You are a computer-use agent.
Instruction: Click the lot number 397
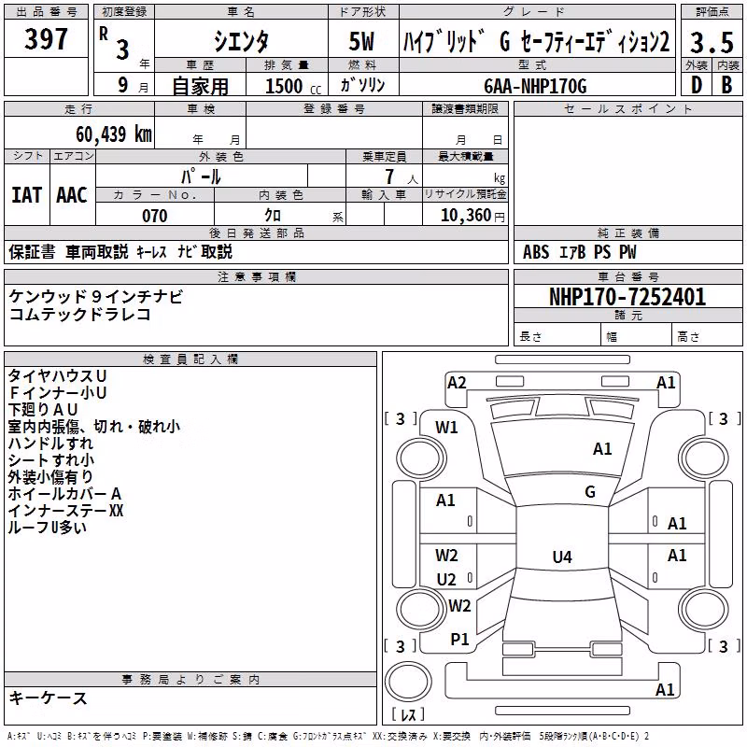[x=46, y=38]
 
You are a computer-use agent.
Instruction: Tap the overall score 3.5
[x=712, y=42]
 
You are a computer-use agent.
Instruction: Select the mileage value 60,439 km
[x=114, y=134]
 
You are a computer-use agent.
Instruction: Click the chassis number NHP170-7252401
[x=627, y=297]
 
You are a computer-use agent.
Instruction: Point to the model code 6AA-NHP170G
[x=535, y=86]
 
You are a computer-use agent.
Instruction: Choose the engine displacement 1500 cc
[x=293, y=86]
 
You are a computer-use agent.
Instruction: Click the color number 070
[x=155, y=216]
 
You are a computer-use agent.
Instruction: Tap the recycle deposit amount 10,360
[x=466, y=216]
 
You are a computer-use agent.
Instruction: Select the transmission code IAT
[x=27, y=195]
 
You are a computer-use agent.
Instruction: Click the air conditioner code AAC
[x=72, y=195]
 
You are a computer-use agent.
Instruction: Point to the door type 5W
[x=361, y=41]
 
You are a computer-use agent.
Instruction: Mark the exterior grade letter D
[x=697, y=85]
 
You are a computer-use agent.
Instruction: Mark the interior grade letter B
[x=727, y=85]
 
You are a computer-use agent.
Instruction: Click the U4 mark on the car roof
[x=562, y=557]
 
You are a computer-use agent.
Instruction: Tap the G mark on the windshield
[x=590, y=492]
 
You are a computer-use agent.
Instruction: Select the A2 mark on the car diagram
[x=457, y=383]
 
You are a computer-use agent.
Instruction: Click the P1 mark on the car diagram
[x=459, y=640]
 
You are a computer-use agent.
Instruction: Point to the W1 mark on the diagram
[x=446, y=428]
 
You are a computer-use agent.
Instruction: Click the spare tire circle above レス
[x=408, y=682]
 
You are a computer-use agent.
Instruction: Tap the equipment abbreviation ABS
[x=536, y=252]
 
